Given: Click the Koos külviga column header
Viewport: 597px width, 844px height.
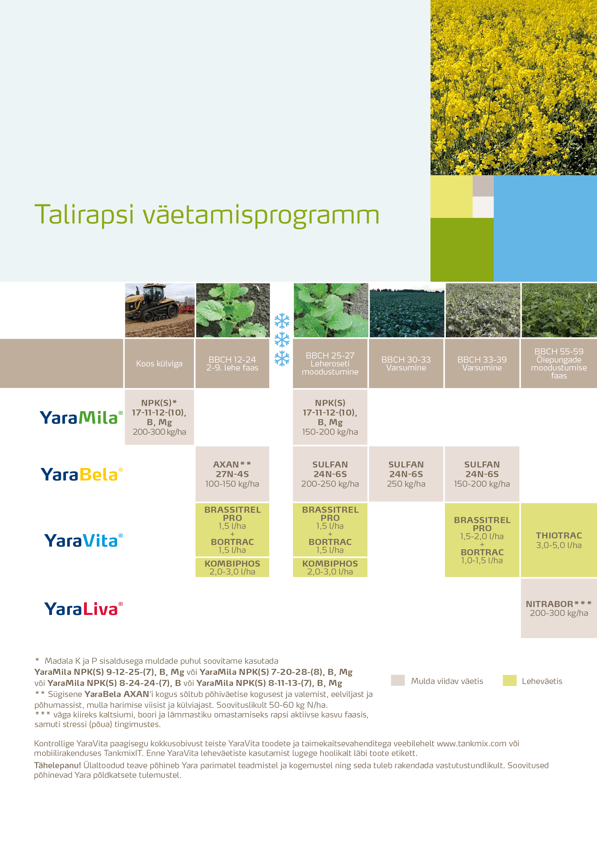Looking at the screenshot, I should tap(159, 364).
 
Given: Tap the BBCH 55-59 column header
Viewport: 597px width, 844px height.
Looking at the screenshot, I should tap(558, 364).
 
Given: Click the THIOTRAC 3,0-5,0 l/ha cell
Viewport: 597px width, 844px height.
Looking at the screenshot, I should tap(558, 540).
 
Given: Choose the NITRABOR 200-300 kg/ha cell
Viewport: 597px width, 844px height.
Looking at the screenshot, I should tap(558, 608).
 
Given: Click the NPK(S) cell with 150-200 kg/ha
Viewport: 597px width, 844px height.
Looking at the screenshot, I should tap(330, 417).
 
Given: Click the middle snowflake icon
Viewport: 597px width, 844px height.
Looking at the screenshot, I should tap(282, 340).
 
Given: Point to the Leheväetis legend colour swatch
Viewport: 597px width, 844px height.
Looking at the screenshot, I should tap(509, 680).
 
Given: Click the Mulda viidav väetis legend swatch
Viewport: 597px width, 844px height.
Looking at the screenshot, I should tap(398, 680).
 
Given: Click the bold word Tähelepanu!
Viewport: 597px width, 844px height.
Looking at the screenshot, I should tap(57, 765).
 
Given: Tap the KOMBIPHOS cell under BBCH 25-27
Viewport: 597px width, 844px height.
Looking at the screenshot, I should tap(330, 567).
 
